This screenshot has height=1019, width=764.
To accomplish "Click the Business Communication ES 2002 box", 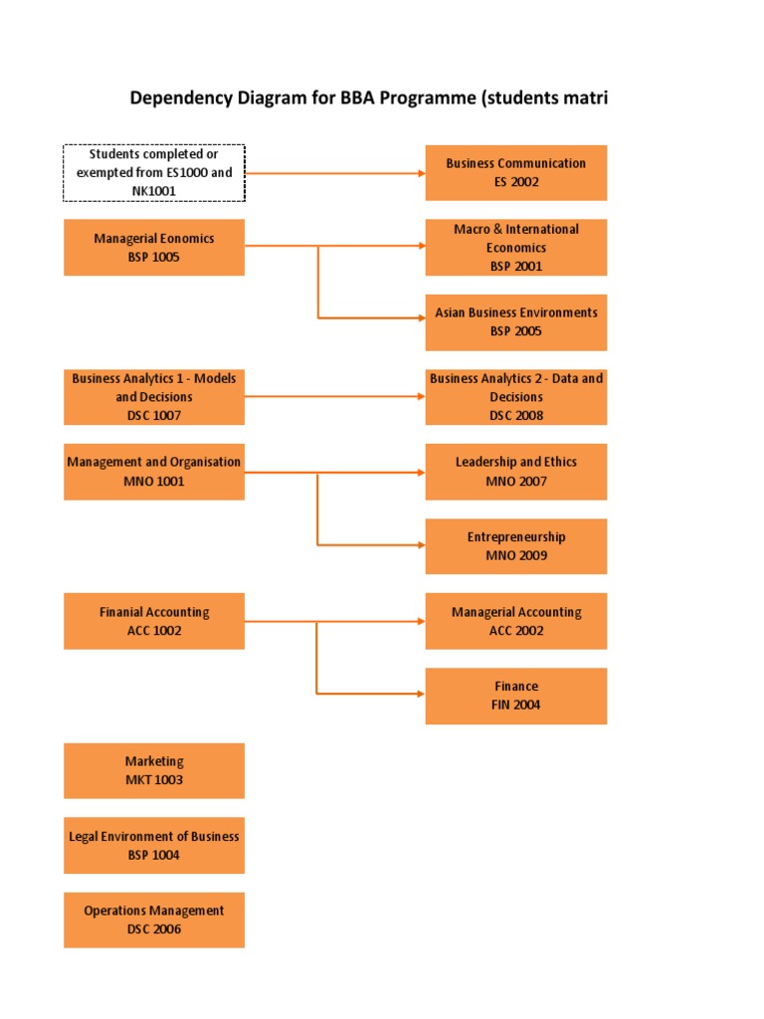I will [x=515, y=172].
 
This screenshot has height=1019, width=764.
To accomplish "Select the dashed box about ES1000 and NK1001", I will [x=154, y=172].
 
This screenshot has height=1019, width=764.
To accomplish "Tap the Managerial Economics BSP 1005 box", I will [x=154, y=247].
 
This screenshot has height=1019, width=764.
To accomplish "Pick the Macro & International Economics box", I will [x=515, y=247].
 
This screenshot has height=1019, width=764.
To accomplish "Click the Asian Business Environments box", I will [x=515, y=321].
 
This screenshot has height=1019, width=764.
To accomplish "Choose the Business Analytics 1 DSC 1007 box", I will [x=154, y=396].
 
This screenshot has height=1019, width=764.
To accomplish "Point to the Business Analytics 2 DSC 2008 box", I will [x=515, y=396].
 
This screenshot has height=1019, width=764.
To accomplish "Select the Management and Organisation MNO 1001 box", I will [x=154, y=471].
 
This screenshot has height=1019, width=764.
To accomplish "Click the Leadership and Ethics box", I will [x=515, y=471].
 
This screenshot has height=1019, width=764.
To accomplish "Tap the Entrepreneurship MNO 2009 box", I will [x=515, y=545].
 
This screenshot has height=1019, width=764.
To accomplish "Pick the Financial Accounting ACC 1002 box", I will [x=154, y=621].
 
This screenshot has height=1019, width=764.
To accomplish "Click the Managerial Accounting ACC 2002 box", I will [x=515, y=621].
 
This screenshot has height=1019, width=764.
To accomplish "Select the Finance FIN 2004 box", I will [x=515, y=695].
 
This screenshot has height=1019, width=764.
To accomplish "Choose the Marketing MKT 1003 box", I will [x=154, y=770].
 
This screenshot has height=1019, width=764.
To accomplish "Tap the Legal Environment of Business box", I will [x=154, y=845].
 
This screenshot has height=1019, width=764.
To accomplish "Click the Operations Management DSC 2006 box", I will [x=154, y=919].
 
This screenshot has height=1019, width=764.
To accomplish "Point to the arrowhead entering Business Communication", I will [x=420, y=172].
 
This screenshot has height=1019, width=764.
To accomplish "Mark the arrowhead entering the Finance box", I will [x=420, y=694].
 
